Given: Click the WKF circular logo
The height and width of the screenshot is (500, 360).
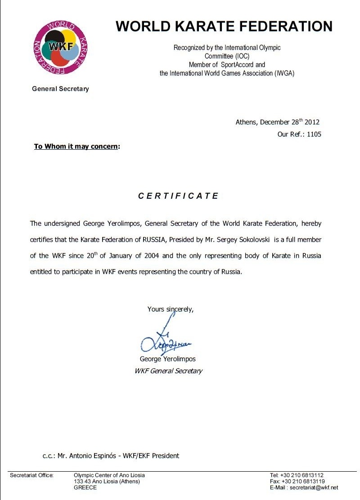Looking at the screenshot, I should tap(60, 48).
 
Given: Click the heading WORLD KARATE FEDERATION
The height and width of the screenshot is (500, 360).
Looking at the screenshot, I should tap(224, 27).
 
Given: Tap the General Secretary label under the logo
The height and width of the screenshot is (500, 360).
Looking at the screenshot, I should tap(60, 89).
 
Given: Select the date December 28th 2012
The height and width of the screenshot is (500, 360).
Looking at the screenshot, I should tap(290, 122).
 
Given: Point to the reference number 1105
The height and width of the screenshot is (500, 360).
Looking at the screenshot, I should tap(314, 134).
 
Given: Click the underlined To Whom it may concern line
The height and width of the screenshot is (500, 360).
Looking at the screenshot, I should tap(77, 146).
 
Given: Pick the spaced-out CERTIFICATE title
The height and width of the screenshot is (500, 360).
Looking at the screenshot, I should tap(178, 196).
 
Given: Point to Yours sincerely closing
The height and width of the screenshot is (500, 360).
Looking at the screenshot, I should tap(170, 309).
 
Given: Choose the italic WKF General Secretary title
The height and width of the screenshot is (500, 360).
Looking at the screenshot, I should tap(168, 371).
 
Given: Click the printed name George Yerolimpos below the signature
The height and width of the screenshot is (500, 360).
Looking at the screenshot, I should tap(168, 359).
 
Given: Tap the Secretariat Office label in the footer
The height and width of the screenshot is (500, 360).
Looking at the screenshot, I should tap(31, 475).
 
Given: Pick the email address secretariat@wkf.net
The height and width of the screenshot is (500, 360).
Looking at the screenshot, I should tap(314, 487).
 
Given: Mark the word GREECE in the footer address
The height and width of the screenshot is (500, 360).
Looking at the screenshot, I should tap(85, 487).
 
